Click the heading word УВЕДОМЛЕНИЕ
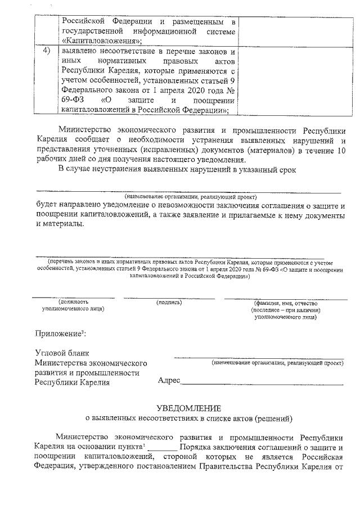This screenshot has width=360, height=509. (188, 408)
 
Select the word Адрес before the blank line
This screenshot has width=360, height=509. (169, 381)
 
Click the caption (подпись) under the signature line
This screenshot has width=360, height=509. (169, 303)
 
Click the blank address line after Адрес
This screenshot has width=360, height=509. (262, 382)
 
